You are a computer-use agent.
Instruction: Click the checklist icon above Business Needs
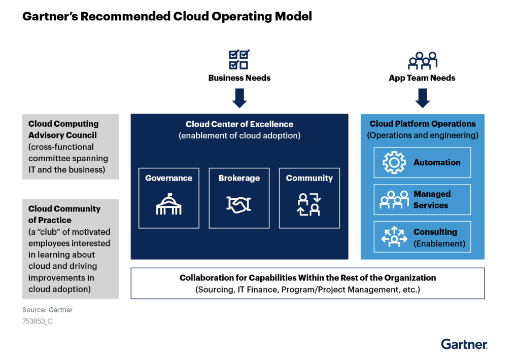pos(239,60)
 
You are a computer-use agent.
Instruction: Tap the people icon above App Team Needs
pos(422,60)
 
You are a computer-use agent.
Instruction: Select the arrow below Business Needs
pos(239,98)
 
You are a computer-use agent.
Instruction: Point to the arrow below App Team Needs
pos(422,98)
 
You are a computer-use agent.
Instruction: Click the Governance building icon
pos(168,204)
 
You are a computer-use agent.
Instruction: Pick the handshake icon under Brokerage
pos(239,204)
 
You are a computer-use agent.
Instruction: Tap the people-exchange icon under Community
pos(309,204)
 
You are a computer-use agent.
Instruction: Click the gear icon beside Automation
pos(394,163)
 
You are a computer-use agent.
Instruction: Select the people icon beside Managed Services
pos(394,199)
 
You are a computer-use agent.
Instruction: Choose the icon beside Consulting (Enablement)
pos(394,237)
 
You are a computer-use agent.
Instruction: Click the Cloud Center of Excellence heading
pos(239,124)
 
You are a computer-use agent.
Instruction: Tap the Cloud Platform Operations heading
pos(423,124)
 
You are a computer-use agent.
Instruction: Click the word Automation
pos(437,163)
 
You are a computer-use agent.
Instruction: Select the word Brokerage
pos(239,178)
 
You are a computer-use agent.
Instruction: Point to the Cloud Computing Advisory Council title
pos(63,129)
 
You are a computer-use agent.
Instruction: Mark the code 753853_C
pos(37,321)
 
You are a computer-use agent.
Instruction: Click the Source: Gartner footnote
pos(47,309)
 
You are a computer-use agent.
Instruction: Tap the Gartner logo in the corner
pos(464,344)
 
